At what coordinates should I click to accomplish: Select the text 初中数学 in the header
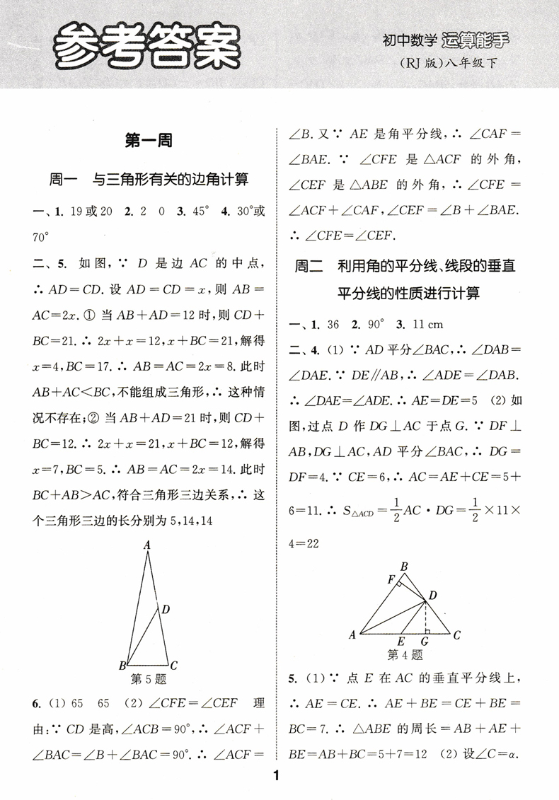tap(409, 42)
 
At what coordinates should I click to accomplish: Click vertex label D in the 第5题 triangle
tap(165, 609)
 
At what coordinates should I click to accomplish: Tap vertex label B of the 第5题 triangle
tap(122, 666)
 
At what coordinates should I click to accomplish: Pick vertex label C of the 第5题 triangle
tap(173, 666)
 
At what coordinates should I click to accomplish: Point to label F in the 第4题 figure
tap(390, 581)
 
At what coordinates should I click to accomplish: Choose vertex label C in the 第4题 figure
tap(457, 634)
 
